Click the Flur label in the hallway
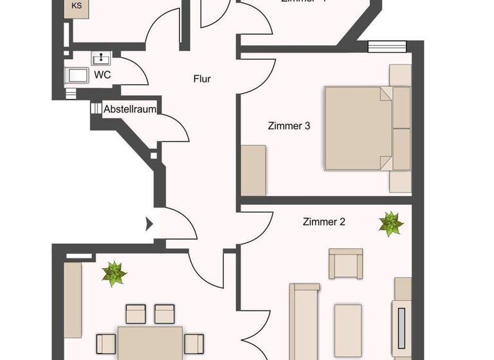pos(202,80)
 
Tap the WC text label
pos(102,75)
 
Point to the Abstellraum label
pos(130,109)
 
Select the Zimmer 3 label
pos(289,126)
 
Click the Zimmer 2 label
pos(324,222)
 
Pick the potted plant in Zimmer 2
pos(390,223)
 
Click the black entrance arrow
pos(149,224)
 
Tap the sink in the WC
pos(102,59)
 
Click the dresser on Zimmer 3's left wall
pos(253,170)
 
